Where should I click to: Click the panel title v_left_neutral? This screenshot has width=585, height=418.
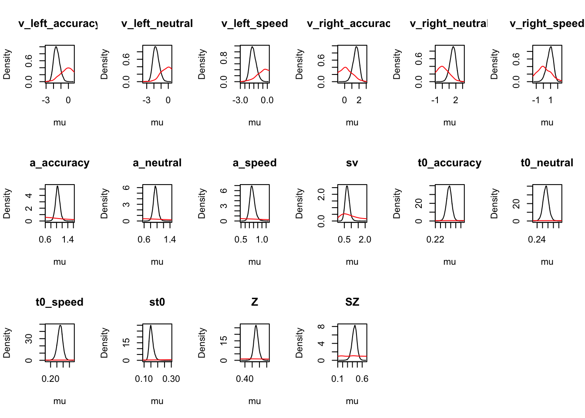tap(157, 24)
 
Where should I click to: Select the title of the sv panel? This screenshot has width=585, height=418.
tap(352, 163)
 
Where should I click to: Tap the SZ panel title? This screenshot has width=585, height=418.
tap(352, 302)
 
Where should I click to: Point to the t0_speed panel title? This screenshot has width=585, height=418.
tap(60, 302)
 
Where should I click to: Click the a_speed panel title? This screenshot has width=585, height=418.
tap(255, 163)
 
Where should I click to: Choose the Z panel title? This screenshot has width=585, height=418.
tap(255, 302)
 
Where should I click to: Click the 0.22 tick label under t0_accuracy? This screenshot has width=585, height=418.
tap(435, 239)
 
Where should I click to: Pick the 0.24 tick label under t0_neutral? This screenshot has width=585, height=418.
tap(537, 239)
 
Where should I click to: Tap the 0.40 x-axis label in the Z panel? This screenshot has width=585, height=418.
tap(245, 379)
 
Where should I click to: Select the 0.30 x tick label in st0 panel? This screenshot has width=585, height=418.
tap(171, 379)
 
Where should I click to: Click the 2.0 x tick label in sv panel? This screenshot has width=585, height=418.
tap(365, 239)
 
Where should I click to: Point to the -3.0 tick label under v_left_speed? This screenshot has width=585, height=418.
tap(240, 100)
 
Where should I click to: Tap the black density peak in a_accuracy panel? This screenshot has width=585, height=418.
tap(57, 186)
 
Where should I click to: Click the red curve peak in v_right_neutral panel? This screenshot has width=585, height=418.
tap(442, 67)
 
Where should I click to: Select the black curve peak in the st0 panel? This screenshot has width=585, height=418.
tap(151, 326)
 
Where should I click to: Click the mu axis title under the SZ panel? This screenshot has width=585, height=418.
tap(352, 401)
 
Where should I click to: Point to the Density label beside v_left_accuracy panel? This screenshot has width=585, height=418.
tap(7, 64)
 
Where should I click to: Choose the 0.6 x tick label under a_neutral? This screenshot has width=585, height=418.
tap(144, 239)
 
